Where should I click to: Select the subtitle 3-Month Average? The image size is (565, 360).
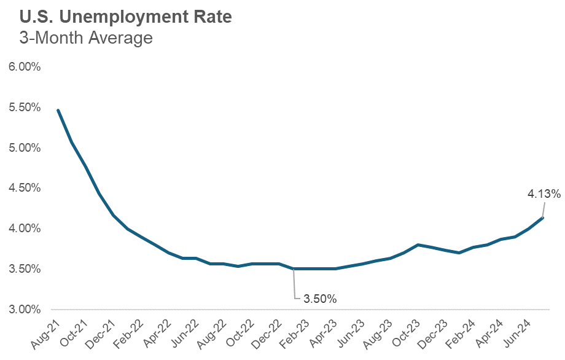(77, 39)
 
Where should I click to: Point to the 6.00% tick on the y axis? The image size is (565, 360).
(24, 67)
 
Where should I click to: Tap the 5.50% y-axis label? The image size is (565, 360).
(24, 108)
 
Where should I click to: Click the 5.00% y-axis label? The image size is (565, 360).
(24, 148)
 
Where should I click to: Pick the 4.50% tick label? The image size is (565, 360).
(24, 188)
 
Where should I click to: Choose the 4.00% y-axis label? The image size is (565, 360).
(24, 229)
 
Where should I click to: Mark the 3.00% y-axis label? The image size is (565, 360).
(24, 309)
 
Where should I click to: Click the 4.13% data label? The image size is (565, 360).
(544, 194)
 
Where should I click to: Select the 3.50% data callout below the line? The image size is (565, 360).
(320, 299)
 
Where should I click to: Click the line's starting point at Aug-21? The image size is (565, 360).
(58, 110)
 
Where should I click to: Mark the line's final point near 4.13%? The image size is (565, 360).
(543, 217)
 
